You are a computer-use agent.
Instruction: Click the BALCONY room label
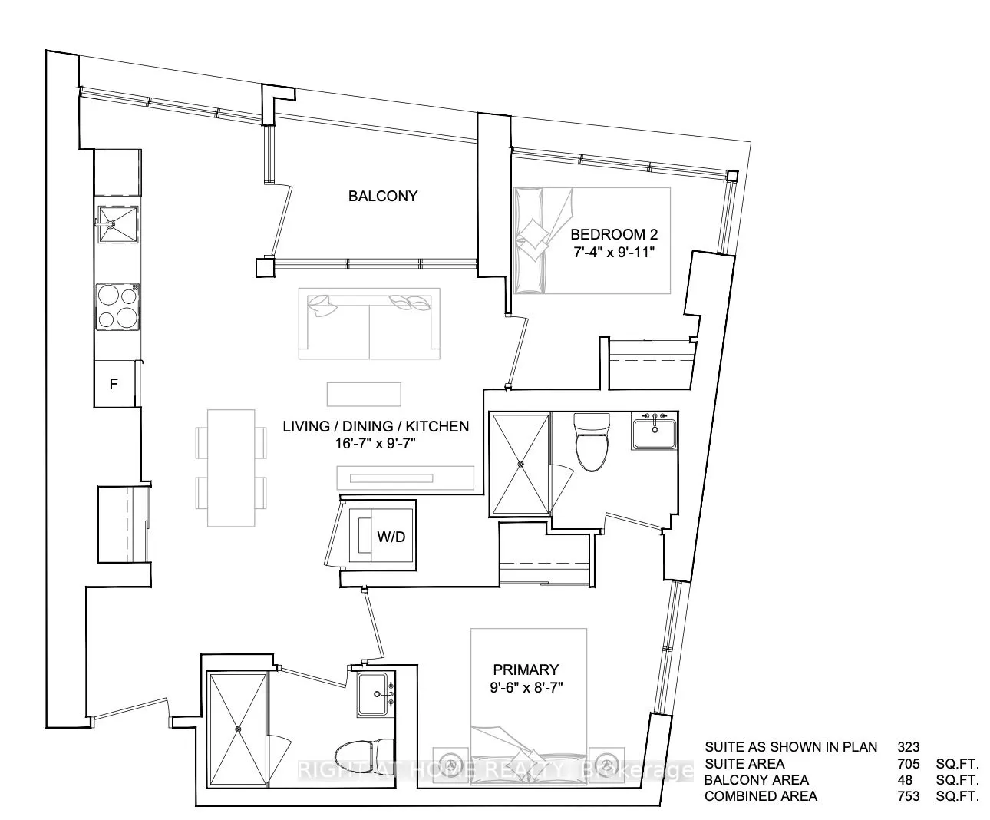(x=383, y=196)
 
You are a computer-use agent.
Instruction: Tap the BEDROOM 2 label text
(x=614, y=234)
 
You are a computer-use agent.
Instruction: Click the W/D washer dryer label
(x=391, y=537)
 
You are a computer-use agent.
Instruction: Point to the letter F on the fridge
(x=113, y=385)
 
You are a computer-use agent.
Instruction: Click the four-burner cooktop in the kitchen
(x=117, y=306)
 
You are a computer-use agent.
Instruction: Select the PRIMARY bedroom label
(x=526, y=670)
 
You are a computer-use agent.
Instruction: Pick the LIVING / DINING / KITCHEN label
(x=375, y=426)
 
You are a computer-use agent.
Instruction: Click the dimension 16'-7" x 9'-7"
(x=375, y=444)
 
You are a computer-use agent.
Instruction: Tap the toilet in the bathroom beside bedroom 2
(x=591, y=442)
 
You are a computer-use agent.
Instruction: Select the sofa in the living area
(x=370, y=325)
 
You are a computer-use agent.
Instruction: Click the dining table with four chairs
(x=231, y=467)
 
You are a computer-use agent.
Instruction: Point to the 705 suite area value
(x=908, y=763)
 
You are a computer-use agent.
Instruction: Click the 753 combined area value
(x=908, y=796)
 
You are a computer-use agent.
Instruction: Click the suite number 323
(x=908, y=746)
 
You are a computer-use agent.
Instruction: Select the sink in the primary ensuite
(x=375, y=694)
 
